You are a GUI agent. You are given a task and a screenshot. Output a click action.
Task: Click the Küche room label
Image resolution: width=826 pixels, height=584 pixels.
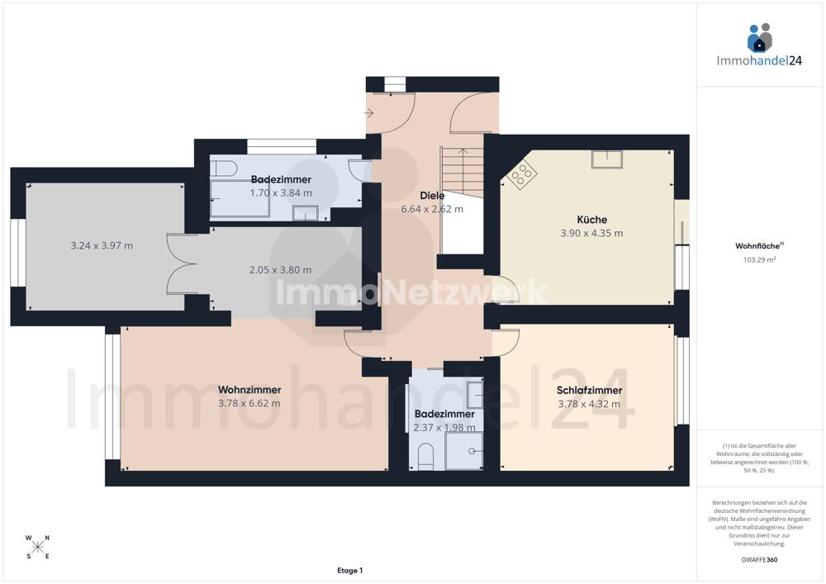click(591, 220)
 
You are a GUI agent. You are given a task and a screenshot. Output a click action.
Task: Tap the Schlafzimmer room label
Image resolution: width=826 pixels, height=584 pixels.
click(589, 390)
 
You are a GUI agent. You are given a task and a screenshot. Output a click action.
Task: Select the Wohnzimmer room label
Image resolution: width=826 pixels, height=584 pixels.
click(249, 390)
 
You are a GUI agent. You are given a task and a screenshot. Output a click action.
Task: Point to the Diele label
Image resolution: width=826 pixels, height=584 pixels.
click(432, 196)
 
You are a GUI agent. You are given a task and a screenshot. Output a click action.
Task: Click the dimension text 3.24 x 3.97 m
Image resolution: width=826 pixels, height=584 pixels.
click(102, 245)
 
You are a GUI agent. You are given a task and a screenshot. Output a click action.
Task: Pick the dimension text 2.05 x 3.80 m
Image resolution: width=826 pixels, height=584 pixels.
click(280, 269)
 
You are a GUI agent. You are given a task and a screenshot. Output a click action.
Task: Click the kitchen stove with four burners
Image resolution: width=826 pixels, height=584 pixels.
click(522, 173)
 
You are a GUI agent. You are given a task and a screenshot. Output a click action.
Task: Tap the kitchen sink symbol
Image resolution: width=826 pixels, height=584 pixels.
click(606, 159)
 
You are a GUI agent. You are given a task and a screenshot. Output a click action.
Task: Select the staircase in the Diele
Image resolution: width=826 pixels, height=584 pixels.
click(462, 173)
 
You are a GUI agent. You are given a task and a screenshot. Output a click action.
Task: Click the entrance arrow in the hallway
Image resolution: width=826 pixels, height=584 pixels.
click(369, 113)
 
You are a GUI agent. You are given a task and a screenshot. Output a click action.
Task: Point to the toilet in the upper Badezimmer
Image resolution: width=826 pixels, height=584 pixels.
click(223, 169)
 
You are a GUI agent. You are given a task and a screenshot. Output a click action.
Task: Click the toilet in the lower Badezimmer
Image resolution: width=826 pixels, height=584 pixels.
click(425, 456)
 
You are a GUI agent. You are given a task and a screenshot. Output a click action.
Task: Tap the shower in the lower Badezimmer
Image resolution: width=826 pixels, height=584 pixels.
click(463, 451)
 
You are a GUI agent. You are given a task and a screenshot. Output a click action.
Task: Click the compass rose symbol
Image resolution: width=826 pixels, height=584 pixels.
click(37, 547)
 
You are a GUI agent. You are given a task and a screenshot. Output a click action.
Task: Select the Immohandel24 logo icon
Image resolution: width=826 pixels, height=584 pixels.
click(759, 38)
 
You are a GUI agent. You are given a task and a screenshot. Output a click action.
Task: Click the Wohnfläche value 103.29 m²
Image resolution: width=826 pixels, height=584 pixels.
click(759, 259)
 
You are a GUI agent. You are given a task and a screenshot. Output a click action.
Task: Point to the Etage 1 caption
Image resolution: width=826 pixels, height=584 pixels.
click(349, 570)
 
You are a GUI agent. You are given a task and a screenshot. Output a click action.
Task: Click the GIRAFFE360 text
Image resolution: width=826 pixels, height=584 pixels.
click(759, 560)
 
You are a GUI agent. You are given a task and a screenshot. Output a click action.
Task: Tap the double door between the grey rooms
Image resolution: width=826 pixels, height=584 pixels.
click(182, 264)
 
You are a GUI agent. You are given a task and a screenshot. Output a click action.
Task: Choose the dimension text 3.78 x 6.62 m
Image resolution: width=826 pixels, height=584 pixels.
click(249, 403)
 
